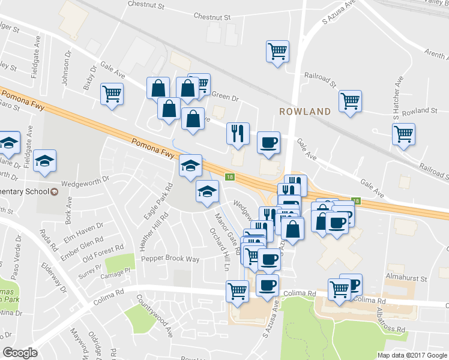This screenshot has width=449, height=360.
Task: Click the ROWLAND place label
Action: click(305, 112)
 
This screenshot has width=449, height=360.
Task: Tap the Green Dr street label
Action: click(226, 97)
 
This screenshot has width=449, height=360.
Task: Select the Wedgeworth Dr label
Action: click(86, 178)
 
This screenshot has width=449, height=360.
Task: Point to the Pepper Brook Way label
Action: click(170, 259)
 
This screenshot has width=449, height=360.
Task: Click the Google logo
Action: click(20, 353)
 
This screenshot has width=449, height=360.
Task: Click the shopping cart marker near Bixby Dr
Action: click(112, 94)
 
